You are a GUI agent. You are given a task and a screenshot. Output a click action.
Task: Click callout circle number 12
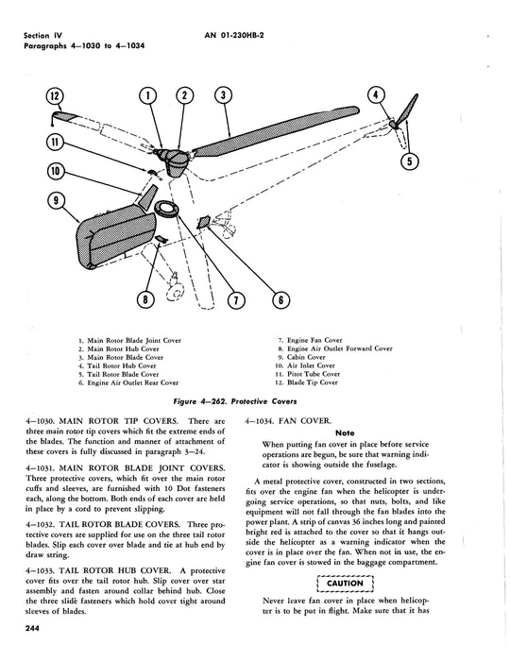(54, 96)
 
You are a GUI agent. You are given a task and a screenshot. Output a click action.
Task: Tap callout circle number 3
(223, 95)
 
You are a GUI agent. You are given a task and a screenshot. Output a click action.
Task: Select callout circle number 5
(410, 161)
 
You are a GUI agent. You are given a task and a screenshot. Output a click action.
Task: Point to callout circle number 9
(56, 200)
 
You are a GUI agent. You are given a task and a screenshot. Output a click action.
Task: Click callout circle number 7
(235, 300)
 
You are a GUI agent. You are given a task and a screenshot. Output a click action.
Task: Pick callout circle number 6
(280, 299)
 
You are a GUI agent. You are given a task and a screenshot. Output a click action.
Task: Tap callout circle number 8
(145, 299)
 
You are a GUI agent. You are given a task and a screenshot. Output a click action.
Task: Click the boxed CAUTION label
(345, 584)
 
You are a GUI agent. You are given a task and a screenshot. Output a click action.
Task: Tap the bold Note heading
(345, 432)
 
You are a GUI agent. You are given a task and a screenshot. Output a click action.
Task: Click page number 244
(31, 629)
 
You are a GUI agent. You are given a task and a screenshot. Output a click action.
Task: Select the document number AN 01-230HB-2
(234, 36)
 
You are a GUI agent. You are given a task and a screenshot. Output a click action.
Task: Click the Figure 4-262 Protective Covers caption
(235, 401)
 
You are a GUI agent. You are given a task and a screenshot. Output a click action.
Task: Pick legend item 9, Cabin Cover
(301, 357)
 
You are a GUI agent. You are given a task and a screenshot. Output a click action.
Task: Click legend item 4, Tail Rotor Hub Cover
(117, 366)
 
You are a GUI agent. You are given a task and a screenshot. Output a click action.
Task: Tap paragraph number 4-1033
(40, 570)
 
